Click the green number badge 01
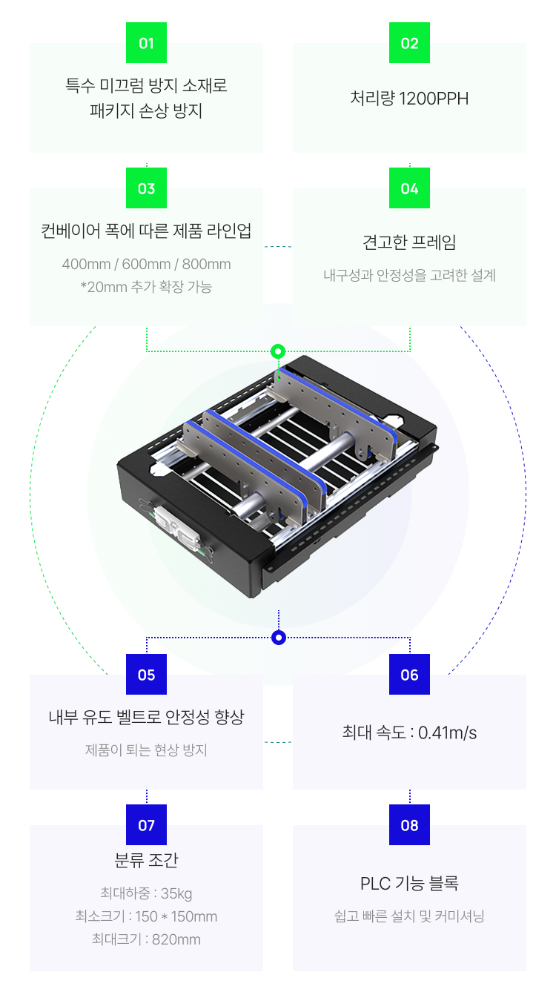146,43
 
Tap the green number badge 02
409,43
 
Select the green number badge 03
146,188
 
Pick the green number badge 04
409,188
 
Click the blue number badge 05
146,675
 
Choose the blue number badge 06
409,675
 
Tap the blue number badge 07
146,825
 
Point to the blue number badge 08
409,825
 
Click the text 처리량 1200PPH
409,99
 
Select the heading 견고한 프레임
409,242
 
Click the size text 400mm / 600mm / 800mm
146,265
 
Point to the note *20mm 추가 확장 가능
146,287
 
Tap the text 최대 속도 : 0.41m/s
409,733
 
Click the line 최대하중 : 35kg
146,893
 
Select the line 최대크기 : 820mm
146,939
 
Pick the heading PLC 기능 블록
409,884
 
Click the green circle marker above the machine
278,351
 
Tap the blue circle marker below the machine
278,638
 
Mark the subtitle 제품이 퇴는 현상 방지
146,750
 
